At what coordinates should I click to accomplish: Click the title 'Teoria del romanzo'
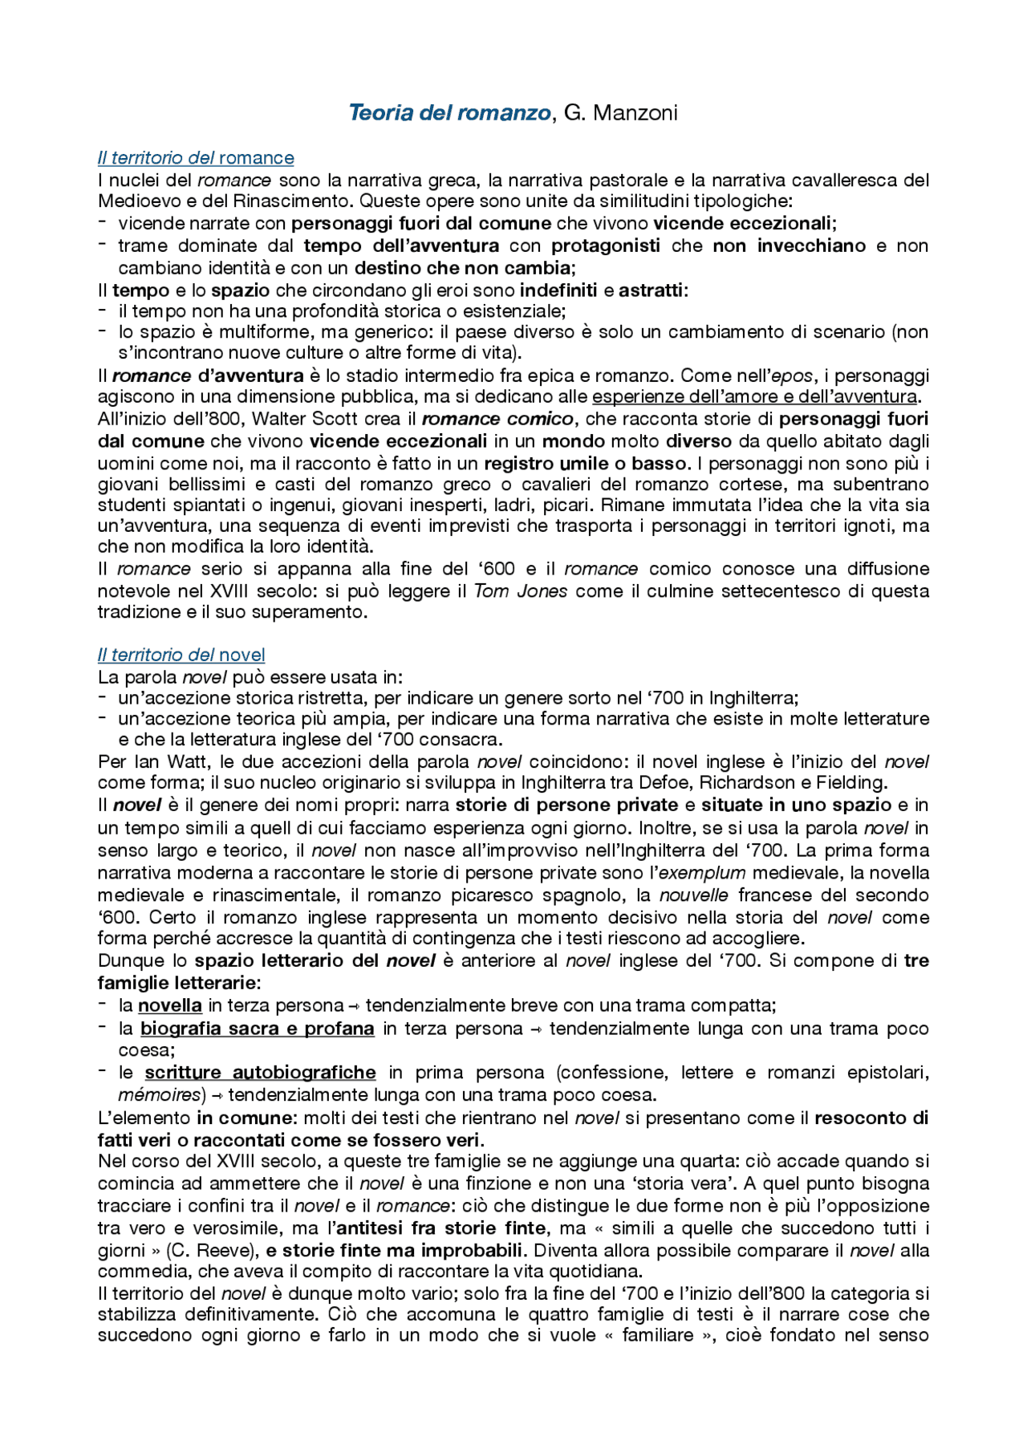[x=449, y=112]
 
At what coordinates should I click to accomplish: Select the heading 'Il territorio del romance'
[x=196, y=158]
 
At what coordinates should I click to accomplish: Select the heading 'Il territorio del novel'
[x=181, y=655]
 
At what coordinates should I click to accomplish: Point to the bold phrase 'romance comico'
[x=497, y=419]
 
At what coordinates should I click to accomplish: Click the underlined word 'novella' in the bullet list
[x=169, y=1005]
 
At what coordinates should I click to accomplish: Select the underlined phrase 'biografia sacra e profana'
[x=257, y=1029]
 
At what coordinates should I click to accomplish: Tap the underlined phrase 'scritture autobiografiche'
[x=260, y=1073]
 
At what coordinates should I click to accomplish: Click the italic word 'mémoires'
[x=159, y=1094]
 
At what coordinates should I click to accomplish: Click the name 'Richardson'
[x=761, y=782]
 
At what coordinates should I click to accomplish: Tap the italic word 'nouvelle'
[x=694, y=895]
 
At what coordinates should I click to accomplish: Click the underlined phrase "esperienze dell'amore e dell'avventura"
[x=755, y=396]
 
